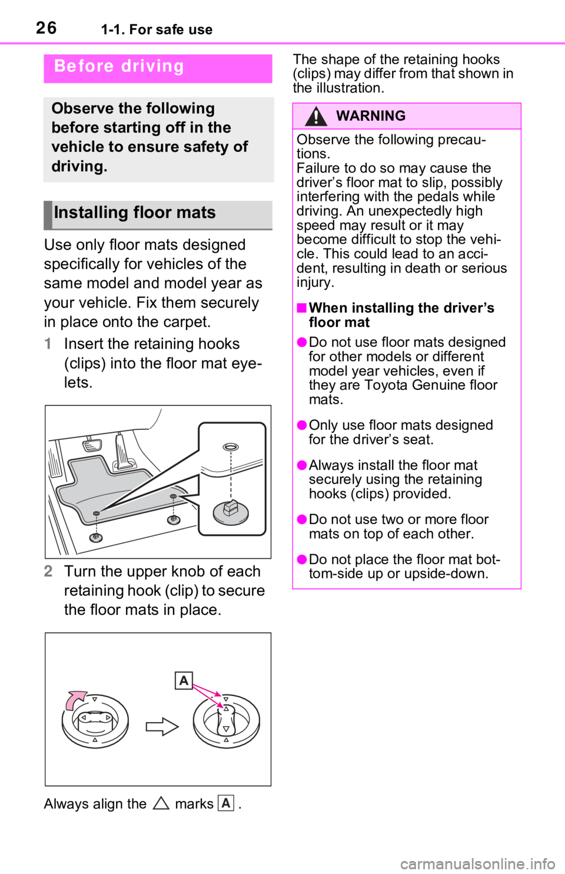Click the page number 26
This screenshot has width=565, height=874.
(x=46, y=28)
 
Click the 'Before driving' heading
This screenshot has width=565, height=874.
(x=119, y=67)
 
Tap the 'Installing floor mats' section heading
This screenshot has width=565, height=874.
(x=135, y=213)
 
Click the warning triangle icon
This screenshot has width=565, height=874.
(x=316, y=116)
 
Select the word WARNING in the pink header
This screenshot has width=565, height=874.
(x=371, y=116)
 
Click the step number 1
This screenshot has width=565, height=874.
(x=48, y=344)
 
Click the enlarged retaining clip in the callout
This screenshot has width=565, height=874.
(x=231, y=512)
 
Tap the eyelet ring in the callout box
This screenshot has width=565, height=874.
(x=231, y=446)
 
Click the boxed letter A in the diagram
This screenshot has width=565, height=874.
(x=184, y=680)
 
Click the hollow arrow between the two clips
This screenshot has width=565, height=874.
(x=162, y=727)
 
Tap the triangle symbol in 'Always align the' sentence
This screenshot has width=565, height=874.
(x=161, y=804)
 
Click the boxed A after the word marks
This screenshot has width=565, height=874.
(x=226, y=803)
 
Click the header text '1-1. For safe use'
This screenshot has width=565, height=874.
(x=157, y=29)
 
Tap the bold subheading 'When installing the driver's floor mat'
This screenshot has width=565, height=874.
(x=401, y=315)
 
